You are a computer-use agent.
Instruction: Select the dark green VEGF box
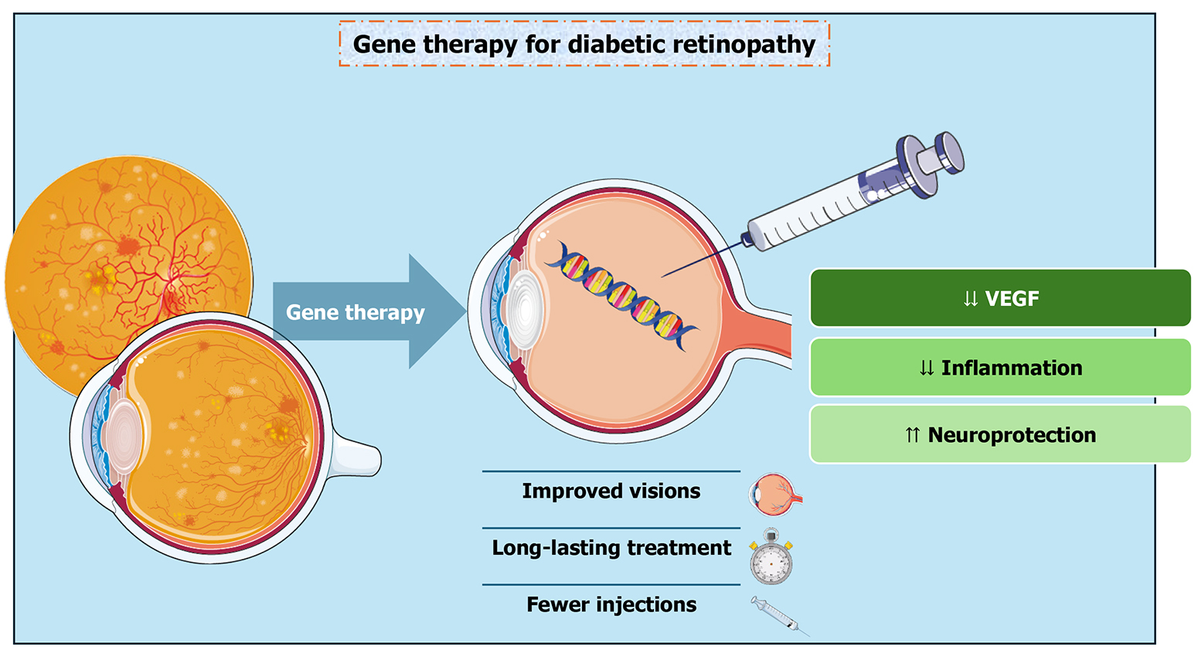pyautogui.click(x=1000, y=298)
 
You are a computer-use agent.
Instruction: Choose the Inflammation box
pyautogui.click(x=1000, y=368)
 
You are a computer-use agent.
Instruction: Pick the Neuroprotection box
pyautogui.click(x=1000, y=435)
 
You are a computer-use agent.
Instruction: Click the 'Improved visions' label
pyautogui.click(x=611, y=492)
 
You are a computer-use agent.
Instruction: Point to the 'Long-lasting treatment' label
pyautogui.click(x=611, y=548)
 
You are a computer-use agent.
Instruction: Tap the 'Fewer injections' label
pyautogui.click(x=611, y=604)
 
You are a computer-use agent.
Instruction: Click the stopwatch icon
pyautogui.click(x=771, y=560)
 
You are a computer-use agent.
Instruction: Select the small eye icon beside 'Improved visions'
pyautogui.click(x=775, y=495)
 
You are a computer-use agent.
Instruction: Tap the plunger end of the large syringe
pyautogui.click(x=947, y=150)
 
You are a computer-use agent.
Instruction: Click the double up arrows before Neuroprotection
pyautogui.click(x=912, y=436)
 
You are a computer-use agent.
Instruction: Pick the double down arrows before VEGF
pyautogui.click(x=971, y=299)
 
